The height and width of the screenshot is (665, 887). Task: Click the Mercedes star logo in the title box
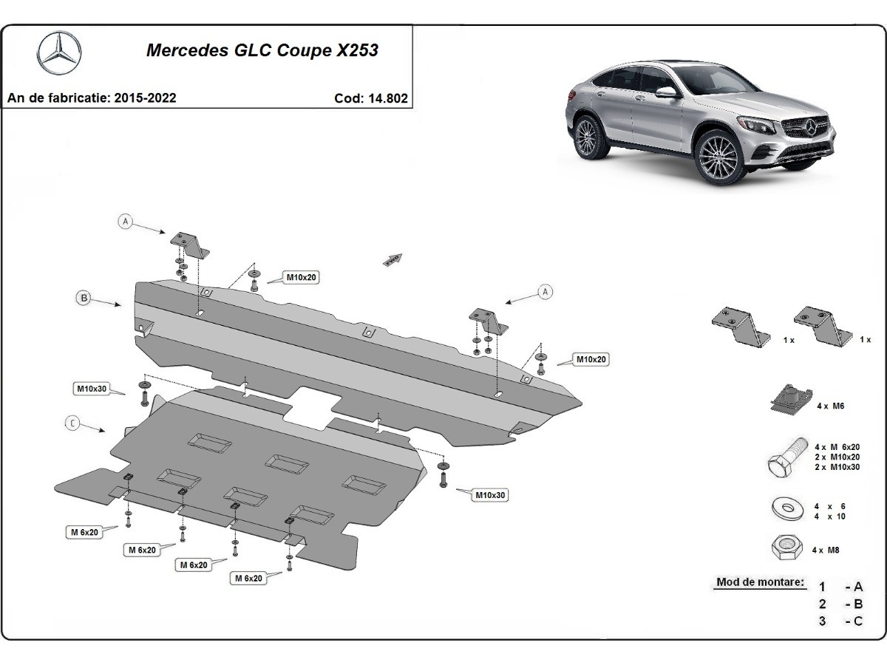pyautogui.click(x=59, y=53)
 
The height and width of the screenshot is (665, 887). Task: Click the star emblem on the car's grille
pyautogui.click(x=816, y=126)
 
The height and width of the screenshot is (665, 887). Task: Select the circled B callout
pyautogui.click(x=84, y=298)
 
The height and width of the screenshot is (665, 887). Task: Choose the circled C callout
pyautogui.click(x=72, y=423)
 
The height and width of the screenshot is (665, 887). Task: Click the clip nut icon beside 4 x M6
pyautogui.click(x=788, y=400)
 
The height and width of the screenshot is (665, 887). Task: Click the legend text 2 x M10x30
pyautogui.click(x=837, y=468)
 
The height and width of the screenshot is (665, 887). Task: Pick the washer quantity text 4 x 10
pyautogui.click(x=830, y=516)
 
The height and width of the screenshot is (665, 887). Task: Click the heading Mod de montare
pyautogui.click(x=760, y=582)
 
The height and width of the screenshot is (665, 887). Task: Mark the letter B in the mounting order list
pyautogui.click(x=857, y=604)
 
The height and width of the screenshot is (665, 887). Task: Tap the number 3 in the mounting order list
pyautogui.click(x=822, y=621)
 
